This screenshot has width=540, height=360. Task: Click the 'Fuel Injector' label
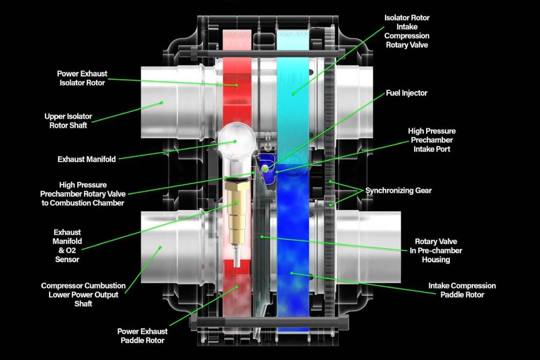click(x=406, y=93)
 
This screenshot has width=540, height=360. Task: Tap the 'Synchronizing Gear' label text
click(x=399, y=191)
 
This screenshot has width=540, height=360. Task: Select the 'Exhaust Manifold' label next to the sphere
click(x=86, y=159)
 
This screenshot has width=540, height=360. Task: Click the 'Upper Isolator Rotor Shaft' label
click(x=68, y=121)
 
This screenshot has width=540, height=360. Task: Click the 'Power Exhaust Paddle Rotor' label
click(x=142, y=335)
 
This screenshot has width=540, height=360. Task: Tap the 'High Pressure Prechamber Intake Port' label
click(x=431, y=140)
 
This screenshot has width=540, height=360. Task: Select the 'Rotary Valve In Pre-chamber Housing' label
click(x=438, y=250)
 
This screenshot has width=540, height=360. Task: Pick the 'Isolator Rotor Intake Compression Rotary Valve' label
click(x=407, y=31)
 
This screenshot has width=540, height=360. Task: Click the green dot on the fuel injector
click(x=265, y=168)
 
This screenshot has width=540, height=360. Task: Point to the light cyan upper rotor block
click(x=292, y=92)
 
